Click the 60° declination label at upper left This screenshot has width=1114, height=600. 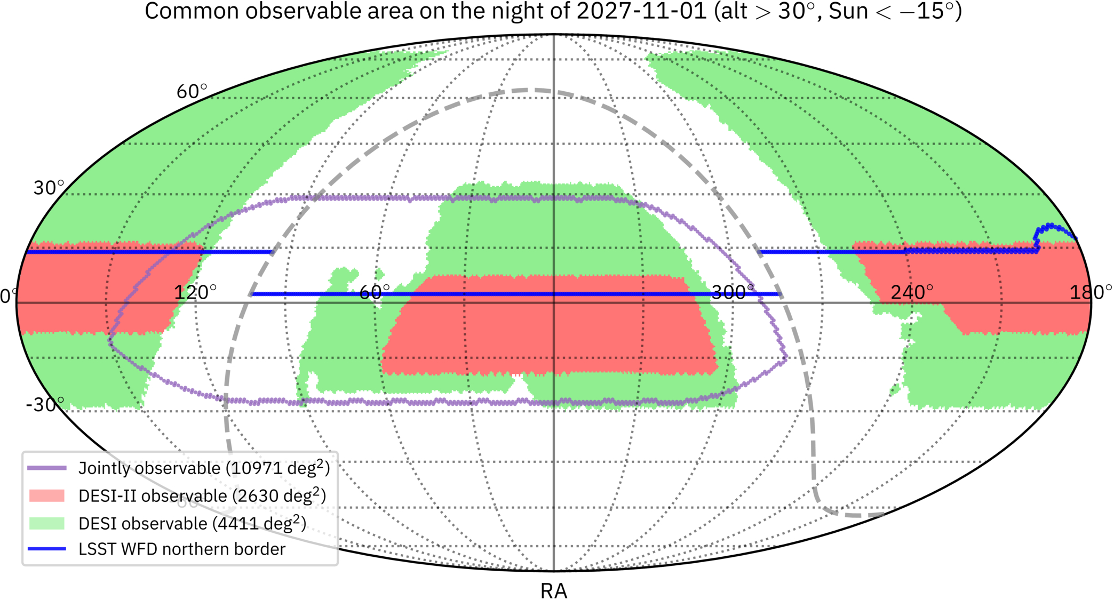coord(192,92)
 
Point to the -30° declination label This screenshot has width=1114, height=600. coord(45,405)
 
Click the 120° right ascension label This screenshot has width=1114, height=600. coord(195,292)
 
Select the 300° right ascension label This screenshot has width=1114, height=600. coord(733,292)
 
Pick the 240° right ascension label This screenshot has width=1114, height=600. coord(912,292)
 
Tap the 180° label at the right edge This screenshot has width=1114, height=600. coord(1091,292)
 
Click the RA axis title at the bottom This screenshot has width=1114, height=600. coord(554,591)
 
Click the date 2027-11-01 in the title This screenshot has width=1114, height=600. coord(642,11)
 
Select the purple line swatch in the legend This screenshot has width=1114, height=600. coord(47,468)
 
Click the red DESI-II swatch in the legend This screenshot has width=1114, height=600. coord(47,495)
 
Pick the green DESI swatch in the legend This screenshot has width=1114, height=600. coord(47,523)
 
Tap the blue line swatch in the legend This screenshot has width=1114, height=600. coord(47,549)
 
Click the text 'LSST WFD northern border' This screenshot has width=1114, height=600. coord(182,549)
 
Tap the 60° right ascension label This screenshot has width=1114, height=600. coord(375,292)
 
